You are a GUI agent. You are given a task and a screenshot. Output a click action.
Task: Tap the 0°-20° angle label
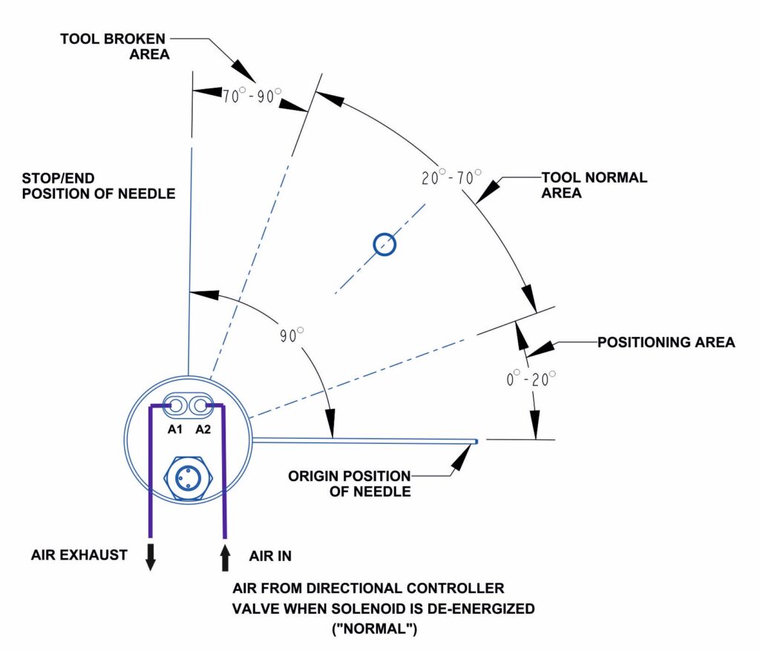click(531, 379)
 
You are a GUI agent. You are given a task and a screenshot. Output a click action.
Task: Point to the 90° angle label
click(292, 335)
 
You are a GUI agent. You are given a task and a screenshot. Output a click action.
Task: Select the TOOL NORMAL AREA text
click(594, 186)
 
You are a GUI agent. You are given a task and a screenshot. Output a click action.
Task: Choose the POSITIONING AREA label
click(666, 342)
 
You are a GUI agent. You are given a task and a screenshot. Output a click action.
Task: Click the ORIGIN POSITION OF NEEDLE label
click(350, 483)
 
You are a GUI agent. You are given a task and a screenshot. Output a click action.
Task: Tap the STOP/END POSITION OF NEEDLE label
click(99, 186)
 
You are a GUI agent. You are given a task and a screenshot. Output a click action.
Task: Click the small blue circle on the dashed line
click(384, 243)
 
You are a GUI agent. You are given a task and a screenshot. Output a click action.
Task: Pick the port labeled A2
click(200, 406)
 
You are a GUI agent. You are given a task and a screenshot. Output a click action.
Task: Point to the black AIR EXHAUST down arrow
click(151, 557)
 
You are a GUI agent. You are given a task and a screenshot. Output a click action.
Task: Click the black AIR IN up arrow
click(224, 557)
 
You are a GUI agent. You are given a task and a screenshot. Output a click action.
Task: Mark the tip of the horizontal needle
click(476, 442)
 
